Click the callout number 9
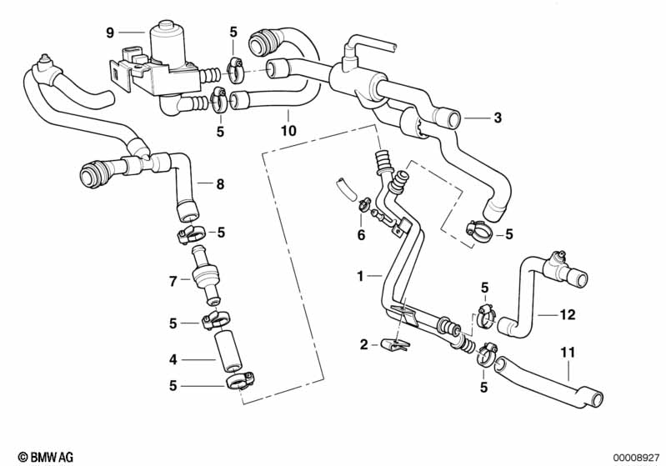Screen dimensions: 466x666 (109, 33)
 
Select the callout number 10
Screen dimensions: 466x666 (288, 132)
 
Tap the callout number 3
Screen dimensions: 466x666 (498, 118)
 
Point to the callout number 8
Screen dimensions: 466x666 (220, 184)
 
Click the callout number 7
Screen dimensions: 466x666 (173, 282)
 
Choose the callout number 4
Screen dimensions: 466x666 (173, 360)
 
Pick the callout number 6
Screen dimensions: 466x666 (361, 236)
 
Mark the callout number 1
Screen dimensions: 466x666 (359, 274)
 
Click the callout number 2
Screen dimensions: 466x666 (363, 344)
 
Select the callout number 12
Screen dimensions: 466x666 (568, 315)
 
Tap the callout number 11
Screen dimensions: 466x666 (568, 354)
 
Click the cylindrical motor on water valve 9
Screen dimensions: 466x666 (170, 43)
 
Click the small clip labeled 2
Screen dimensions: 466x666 (395, 343)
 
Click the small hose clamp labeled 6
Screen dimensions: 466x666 (363, 204)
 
